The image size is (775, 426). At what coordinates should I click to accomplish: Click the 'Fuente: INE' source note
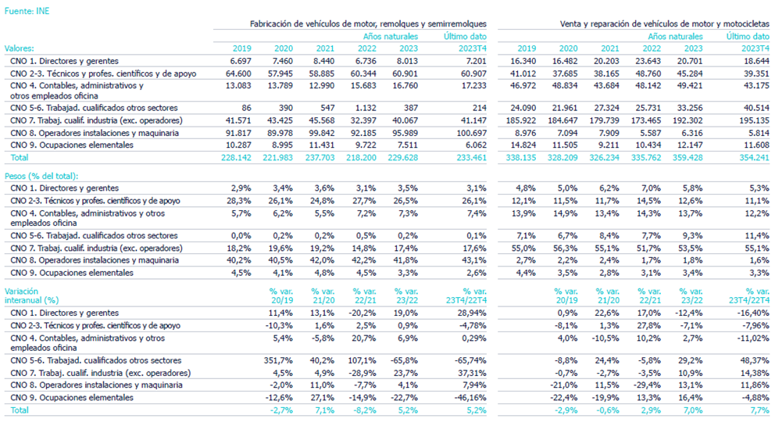tap(27, 9)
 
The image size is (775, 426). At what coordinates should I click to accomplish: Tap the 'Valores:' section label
tap(20, 48)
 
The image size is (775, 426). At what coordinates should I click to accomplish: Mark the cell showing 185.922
tap(521, 120)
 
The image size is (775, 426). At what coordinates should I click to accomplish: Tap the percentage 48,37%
tap(753, 360)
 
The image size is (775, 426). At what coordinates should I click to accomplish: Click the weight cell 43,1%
tap(475, 260)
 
